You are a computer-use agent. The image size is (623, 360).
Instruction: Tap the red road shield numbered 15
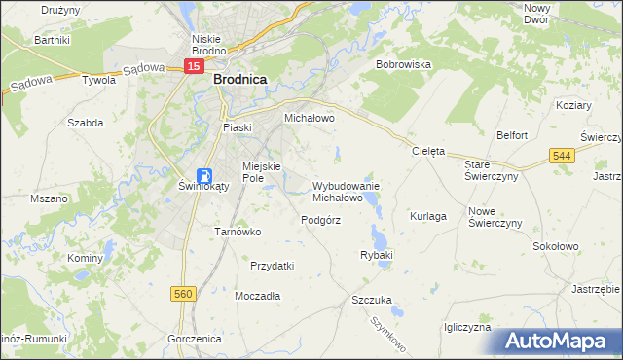(195, 66)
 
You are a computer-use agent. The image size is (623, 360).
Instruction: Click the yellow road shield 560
(183, 293)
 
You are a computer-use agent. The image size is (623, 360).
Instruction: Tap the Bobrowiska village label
(403, 64)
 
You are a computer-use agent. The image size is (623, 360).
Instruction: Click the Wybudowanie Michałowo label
(345, 191)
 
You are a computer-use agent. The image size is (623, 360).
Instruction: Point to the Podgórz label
(320, 220)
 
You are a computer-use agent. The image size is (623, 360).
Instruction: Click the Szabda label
(85, 123)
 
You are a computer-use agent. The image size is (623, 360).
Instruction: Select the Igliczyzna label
(466, 328)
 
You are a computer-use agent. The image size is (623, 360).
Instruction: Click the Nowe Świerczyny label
(495, 217)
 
